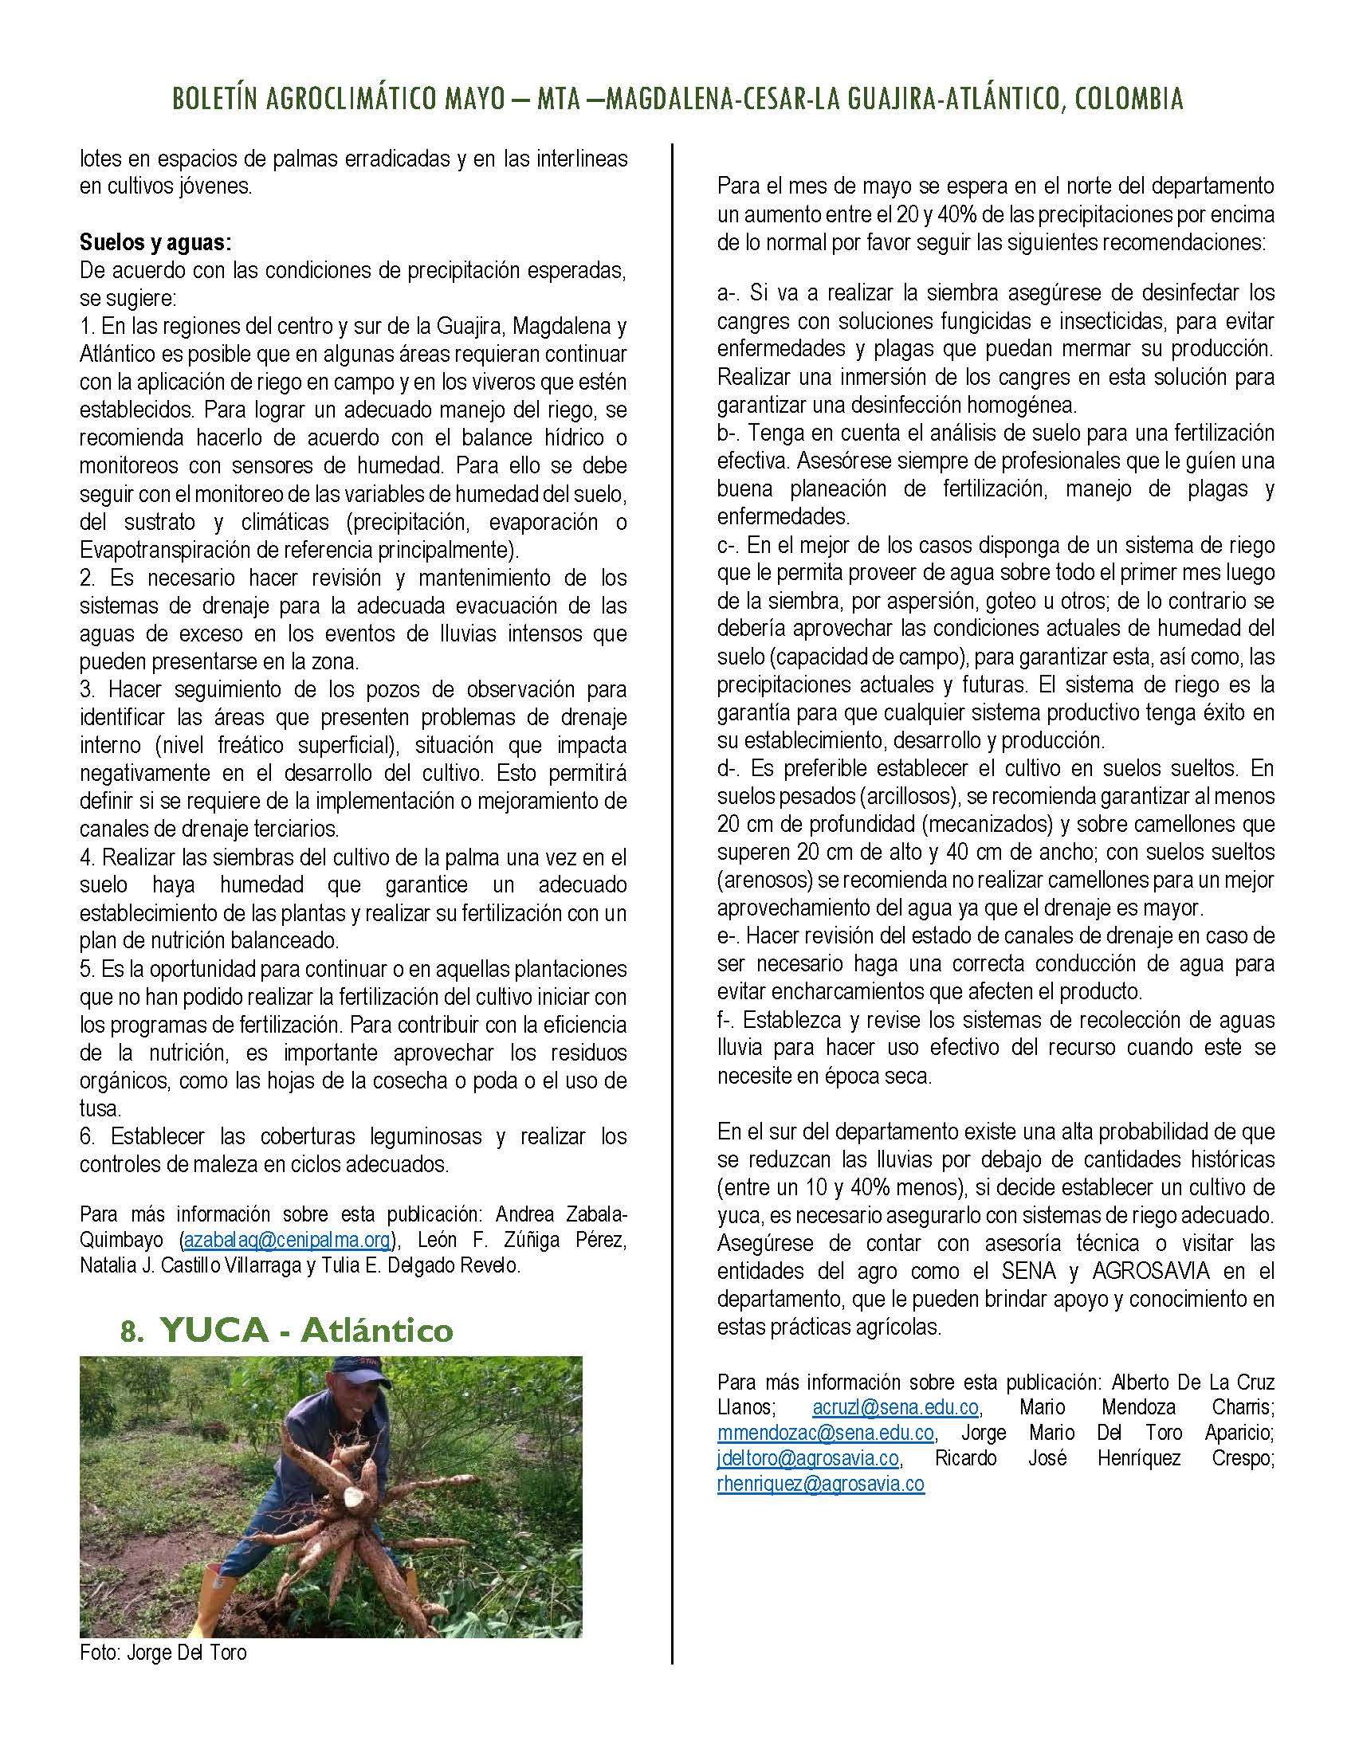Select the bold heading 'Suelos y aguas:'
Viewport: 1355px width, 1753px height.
pyautogui.click(x=155, y=242)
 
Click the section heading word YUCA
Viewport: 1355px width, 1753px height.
pyautogui.click(x=214, y=1331)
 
